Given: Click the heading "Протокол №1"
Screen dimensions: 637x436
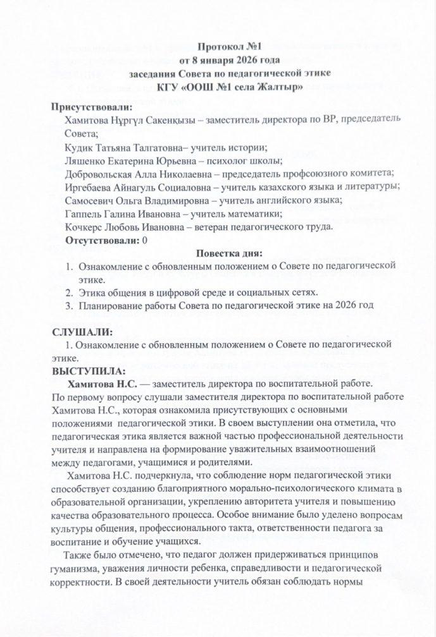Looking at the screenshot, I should tap(228, 47).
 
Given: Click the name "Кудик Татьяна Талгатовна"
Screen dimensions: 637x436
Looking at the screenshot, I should tap(121, 148).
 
